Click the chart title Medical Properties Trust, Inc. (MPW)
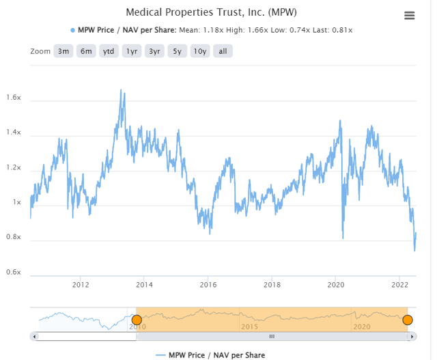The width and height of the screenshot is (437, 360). (212, 12)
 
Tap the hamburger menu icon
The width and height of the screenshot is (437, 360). (409, 16)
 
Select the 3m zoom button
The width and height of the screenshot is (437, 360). (64, 51)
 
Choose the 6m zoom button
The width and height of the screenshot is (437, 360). (85, 51)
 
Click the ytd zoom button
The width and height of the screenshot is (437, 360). (108, 51)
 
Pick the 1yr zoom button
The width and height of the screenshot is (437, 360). (131, 51)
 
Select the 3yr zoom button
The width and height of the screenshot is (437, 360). (154, 51)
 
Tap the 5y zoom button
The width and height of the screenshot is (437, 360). (178, 51)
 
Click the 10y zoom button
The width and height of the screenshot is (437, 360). (200, 51)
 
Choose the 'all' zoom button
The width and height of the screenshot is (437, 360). (223, 51)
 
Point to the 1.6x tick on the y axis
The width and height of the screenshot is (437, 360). (14, 98)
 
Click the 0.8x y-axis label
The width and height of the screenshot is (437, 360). (14, 238)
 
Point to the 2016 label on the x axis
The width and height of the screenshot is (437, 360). (208, 284)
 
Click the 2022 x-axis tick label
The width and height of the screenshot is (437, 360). (399, 284)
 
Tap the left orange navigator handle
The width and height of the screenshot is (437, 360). (137, 320)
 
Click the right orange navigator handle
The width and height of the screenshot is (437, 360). (408, 320)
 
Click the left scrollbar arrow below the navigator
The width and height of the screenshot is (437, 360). (35, 336)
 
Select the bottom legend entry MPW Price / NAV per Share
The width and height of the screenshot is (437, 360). (210, 355)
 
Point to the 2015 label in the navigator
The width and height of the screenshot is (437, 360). (250, 327)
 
